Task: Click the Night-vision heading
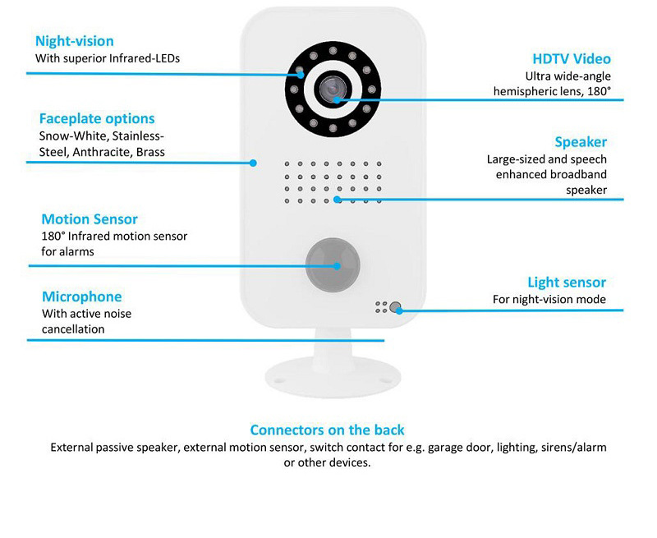(x=75, y=41)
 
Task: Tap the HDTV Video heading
(x=572, y=58)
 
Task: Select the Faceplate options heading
(x=97, y=118)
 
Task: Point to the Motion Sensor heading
(x=90, y=219)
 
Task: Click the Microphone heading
(x=81, y=297)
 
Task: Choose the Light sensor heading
(x=567, y=283)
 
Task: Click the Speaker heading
(x=581, y=142)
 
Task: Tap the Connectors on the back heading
(x=327, y=430)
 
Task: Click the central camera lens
(x=333, y=89)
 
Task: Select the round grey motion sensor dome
(x=333, y=264)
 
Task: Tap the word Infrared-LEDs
(x=145, y=58)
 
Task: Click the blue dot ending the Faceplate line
(x=253, y=163)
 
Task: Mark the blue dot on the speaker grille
(x=338, y=200)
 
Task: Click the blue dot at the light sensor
(x=399, y=311)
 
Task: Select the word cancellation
(x=73, y=329)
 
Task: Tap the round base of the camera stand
(x=333, y=376)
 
